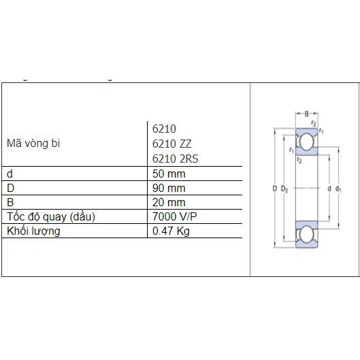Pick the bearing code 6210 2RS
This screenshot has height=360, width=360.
(x=175, y=159)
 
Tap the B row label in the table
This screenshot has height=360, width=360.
(x=10, y=202)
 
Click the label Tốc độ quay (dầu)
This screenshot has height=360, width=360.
(x=50, y=216)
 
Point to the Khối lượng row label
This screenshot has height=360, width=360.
(x=33, y=231)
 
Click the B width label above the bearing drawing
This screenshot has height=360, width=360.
(x=306, y=114)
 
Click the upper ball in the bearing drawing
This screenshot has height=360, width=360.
(x=306, y=142)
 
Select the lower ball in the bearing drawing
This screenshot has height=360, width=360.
(x=306, y=235)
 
